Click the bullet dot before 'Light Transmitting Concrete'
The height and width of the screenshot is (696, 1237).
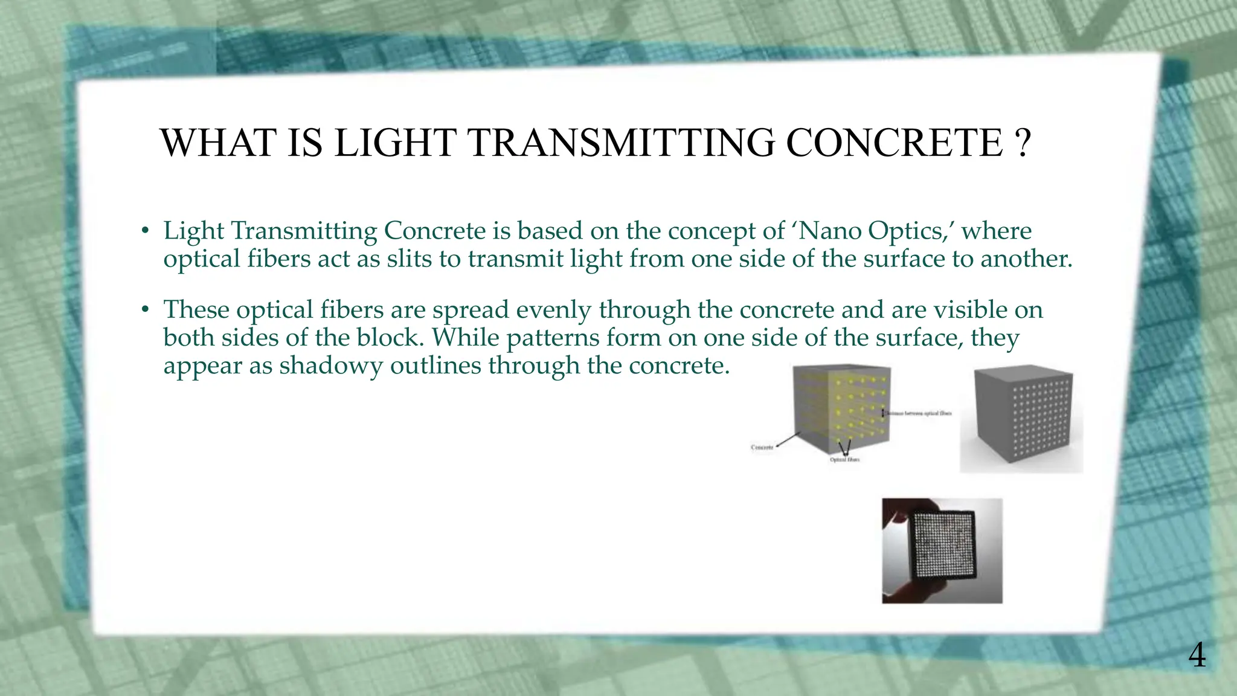click(x=145, y=231)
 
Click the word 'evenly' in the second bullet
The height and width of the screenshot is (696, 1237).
click(x=554, y=310)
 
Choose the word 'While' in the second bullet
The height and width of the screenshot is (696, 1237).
click(x=466, y=338)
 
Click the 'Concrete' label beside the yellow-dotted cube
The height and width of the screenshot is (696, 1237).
click(x=762, y=448)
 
